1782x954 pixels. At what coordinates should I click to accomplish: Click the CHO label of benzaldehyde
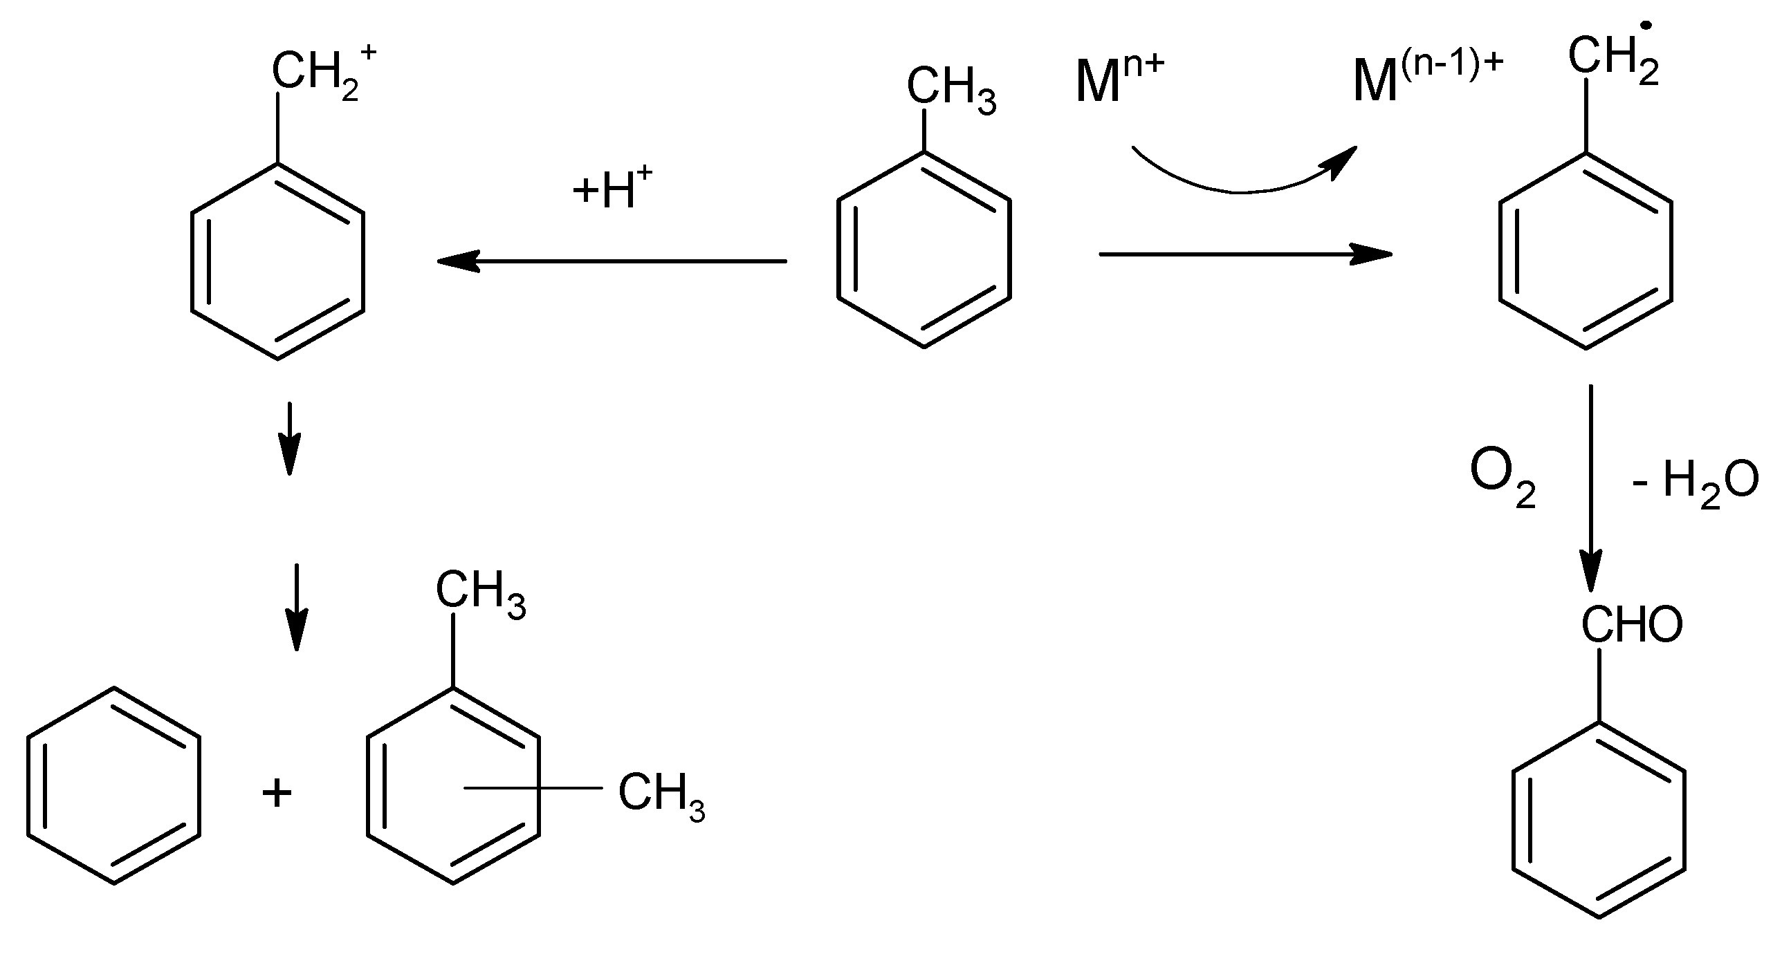point(1631,626)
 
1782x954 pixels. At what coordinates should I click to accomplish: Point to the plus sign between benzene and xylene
point(277,793)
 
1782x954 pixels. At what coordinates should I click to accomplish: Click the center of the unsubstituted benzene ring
point(114,786)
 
